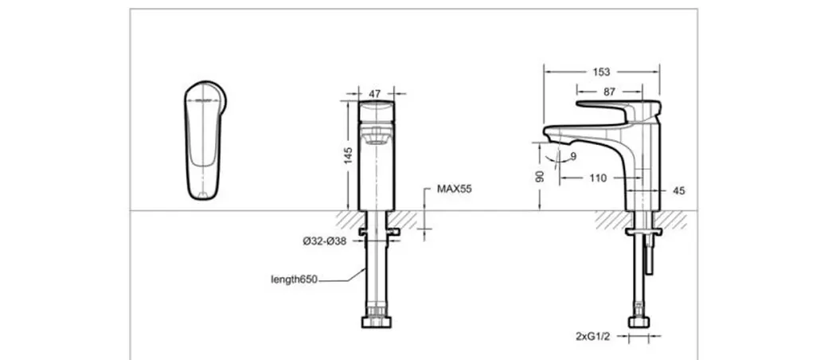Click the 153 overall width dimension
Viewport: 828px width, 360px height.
tap(601, 72)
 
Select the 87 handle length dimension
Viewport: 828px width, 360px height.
tap(609, 92)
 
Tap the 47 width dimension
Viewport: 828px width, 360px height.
tap(375, 94)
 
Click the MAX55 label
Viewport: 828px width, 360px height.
tap(454, 190)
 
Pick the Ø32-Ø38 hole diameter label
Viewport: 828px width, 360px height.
tap(325, 241)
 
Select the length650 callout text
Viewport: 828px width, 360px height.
tap(294, 279)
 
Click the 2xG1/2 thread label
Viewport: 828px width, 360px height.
tap(593, 336)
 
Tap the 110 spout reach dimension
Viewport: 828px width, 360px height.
tap(598, 178)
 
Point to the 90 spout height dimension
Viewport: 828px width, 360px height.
tap(540, 176)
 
